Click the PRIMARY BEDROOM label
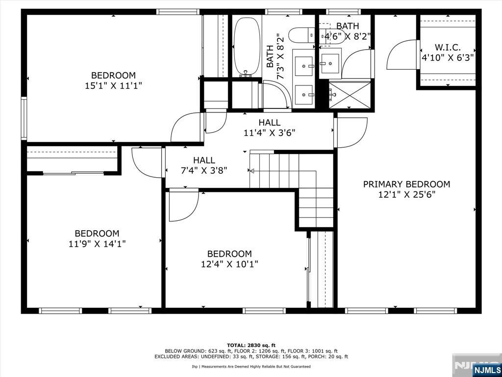tap(406, 185)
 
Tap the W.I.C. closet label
tap(448, 48)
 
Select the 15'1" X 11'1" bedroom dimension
tap(113, 85)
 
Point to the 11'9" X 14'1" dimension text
tap(97, 244)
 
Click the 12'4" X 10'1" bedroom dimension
tap(229, 264)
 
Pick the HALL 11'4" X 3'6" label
tap(269, 127)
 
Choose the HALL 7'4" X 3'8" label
tap(204, 165)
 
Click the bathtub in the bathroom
tap(247, 45)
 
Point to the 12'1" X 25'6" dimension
tap(406, 194)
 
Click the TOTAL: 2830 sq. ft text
tap(251, 345)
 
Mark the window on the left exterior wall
tap(24, 118)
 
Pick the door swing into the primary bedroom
tap(351, 133)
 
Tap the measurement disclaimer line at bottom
tap(251, 366)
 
